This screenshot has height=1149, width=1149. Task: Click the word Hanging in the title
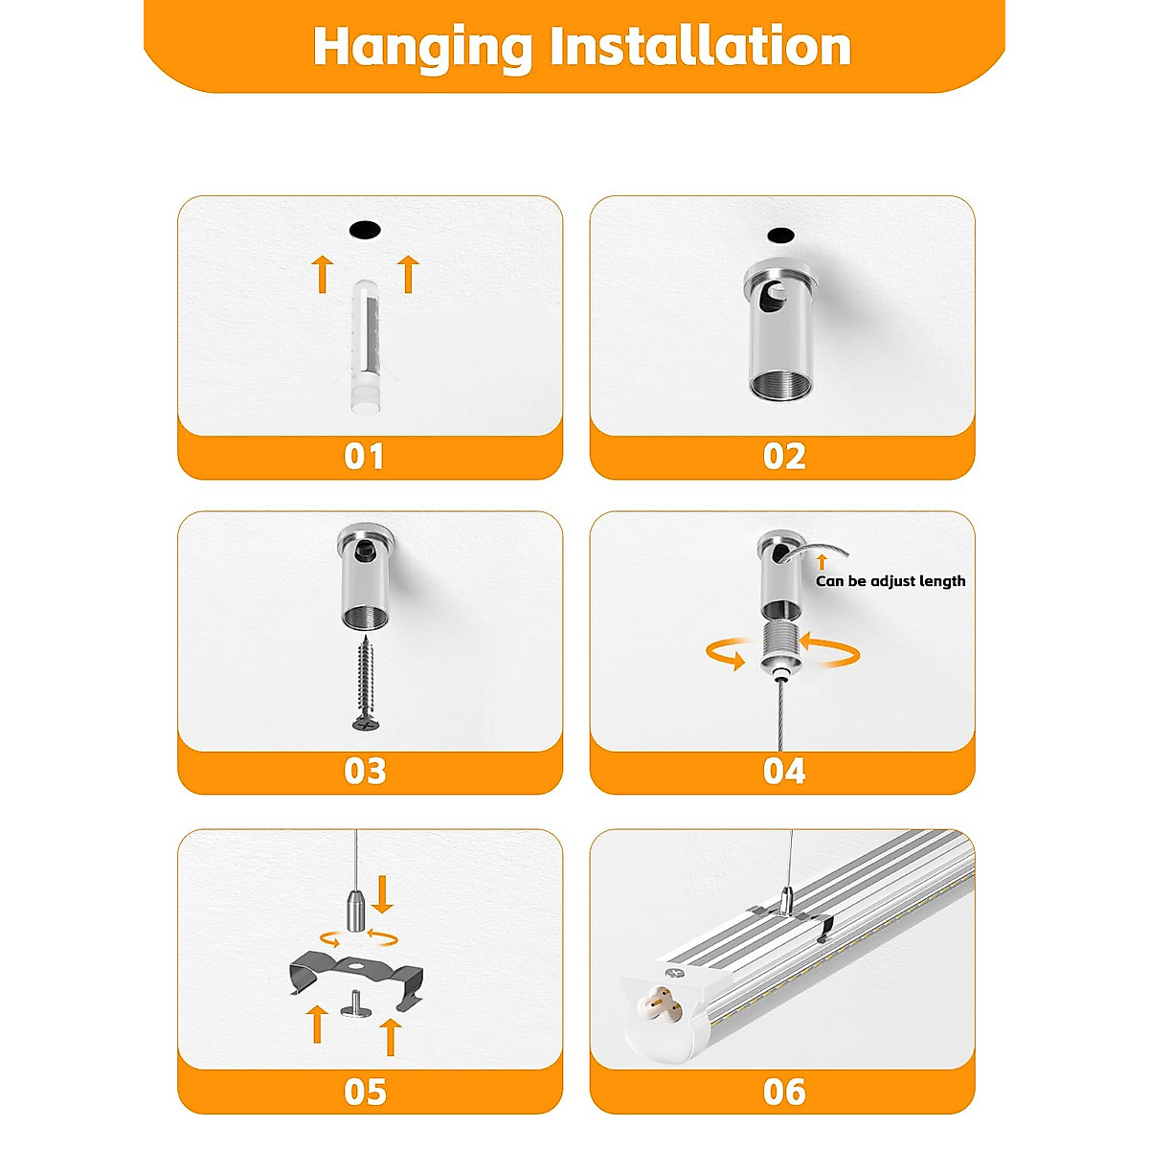tap(421, 46)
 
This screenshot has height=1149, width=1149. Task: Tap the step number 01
tap(364, 457)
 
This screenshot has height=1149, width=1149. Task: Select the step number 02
tap(784, 457)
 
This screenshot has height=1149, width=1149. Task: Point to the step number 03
tap(364, 772)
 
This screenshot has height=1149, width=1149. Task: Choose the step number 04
tap(784, 772)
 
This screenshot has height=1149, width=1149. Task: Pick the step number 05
tap(364, 1092)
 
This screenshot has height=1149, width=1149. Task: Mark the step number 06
tap(784, 1092)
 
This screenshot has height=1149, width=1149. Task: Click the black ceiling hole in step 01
tap(365, 230)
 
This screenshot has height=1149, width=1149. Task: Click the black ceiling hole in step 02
tap(780, 235)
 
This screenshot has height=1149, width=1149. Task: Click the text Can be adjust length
tap(890, 581)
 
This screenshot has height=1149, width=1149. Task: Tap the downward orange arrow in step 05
tap(384, 893)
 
